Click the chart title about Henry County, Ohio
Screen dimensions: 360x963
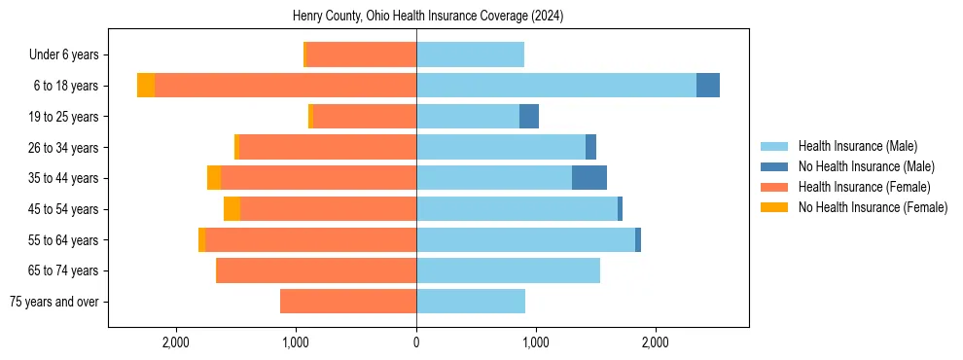[428, 17]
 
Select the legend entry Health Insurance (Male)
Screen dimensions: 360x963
[857, 146]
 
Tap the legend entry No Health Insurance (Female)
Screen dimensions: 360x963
[873, 207]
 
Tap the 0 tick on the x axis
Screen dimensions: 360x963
[416, 342]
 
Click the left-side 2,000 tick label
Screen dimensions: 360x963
[176, 342]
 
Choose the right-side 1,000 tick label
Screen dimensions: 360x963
[536, 342]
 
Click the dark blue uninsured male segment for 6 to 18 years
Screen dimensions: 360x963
[708, 86]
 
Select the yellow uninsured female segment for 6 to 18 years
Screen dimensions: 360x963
[146, 86]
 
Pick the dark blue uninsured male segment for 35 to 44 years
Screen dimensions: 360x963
[589, 178]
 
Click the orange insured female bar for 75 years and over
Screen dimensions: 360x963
[348, 302]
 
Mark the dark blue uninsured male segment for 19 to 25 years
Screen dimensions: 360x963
[529, 117]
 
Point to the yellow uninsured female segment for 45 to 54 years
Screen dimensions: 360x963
[232, 209]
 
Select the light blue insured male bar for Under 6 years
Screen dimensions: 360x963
[470, 55]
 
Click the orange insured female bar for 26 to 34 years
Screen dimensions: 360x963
[328, 147]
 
